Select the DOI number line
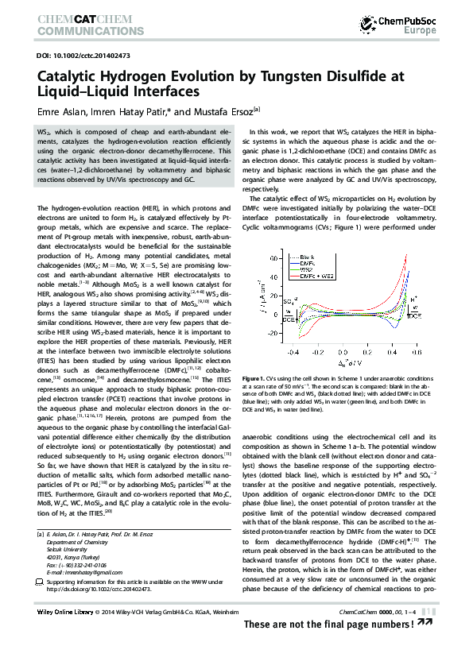click(x=79, y=56)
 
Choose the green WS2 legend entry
click(x=307, y=269)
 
